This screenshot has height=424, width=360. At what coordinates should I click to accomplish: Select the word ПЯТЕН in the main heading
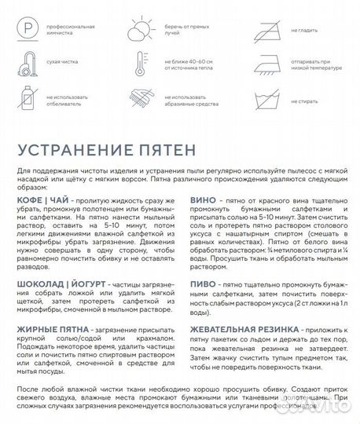click(174, 149)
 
